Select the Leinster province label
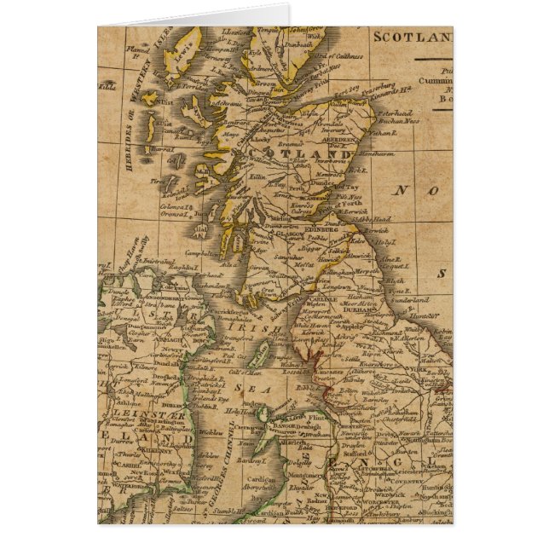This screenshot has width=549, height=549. tap(125, 412)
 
